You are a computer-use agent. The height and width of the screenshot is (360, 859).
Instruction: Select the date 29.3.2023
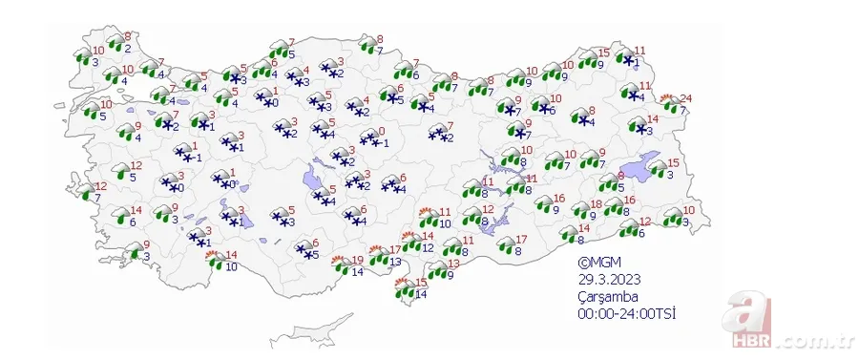[x=607, y=280]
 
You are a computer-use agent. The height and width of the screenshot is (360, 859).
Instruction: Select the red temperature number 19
[x=358, y=259]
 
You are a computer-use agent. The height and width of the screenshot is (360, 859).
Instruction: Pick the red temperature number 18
[x=596, y=204]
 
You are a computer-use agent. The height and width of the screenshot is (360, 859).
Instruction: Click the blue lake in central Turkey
[x=312, y=176]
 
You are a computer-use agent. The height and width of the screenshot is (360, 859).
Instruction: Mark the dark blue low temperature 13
[x=395, y=261]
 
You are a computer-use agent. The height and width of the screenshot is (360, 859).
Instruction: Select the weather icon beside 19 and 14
[x=341, y=265]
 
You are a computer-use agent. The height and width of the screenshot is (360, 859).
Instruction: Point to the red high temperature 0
[x=381, y=131]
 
